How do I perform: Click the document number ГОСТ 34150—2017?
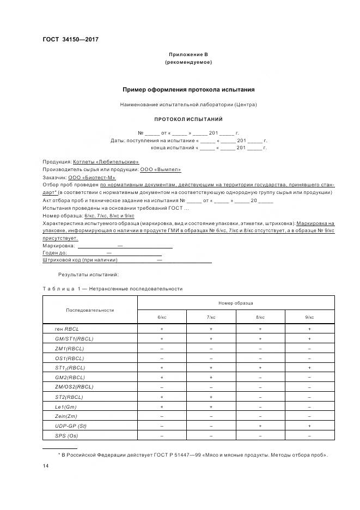[x=70, y=39]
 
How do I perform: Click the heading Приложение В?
[x=188, y=54]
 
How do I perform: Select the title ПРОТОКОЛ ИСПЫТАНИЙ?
[x=188, y=119]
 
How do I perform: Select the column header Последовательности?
[x=90, y=309]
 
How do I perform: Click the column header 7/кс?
[x=211, y=317]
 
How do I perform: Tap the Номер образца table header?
[x=235, y=302]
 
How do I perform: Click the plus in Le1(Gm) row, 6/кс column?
[x=162, y=406]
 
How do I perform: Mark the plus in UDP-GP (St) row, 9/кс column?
[x=309, y=426]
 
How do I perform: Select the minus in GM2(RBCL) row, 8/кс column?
[x=260, y=378]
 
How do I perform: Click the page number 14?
[x=46, y=466]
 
